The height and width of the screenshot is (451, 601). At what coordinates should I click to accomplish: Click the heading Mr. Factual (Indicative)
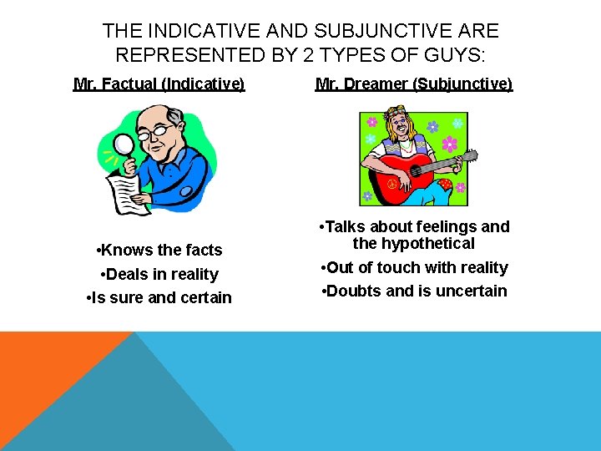[159, 84]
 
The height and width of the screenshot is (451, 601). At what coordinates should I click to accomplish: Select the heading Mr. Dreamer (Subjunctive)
[414, 84]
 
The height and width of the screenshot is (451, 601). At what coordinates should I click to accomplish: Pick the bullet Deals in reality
[159, 274]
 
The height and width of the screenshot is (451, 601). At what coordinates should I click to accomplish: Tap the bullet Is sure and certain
[159, 298]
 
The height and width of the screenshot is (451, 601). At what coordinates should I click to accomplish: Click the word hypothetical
[426, 244]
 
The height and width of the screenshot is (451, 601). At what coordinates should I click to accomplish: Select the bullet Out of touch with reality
[415, 267]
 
